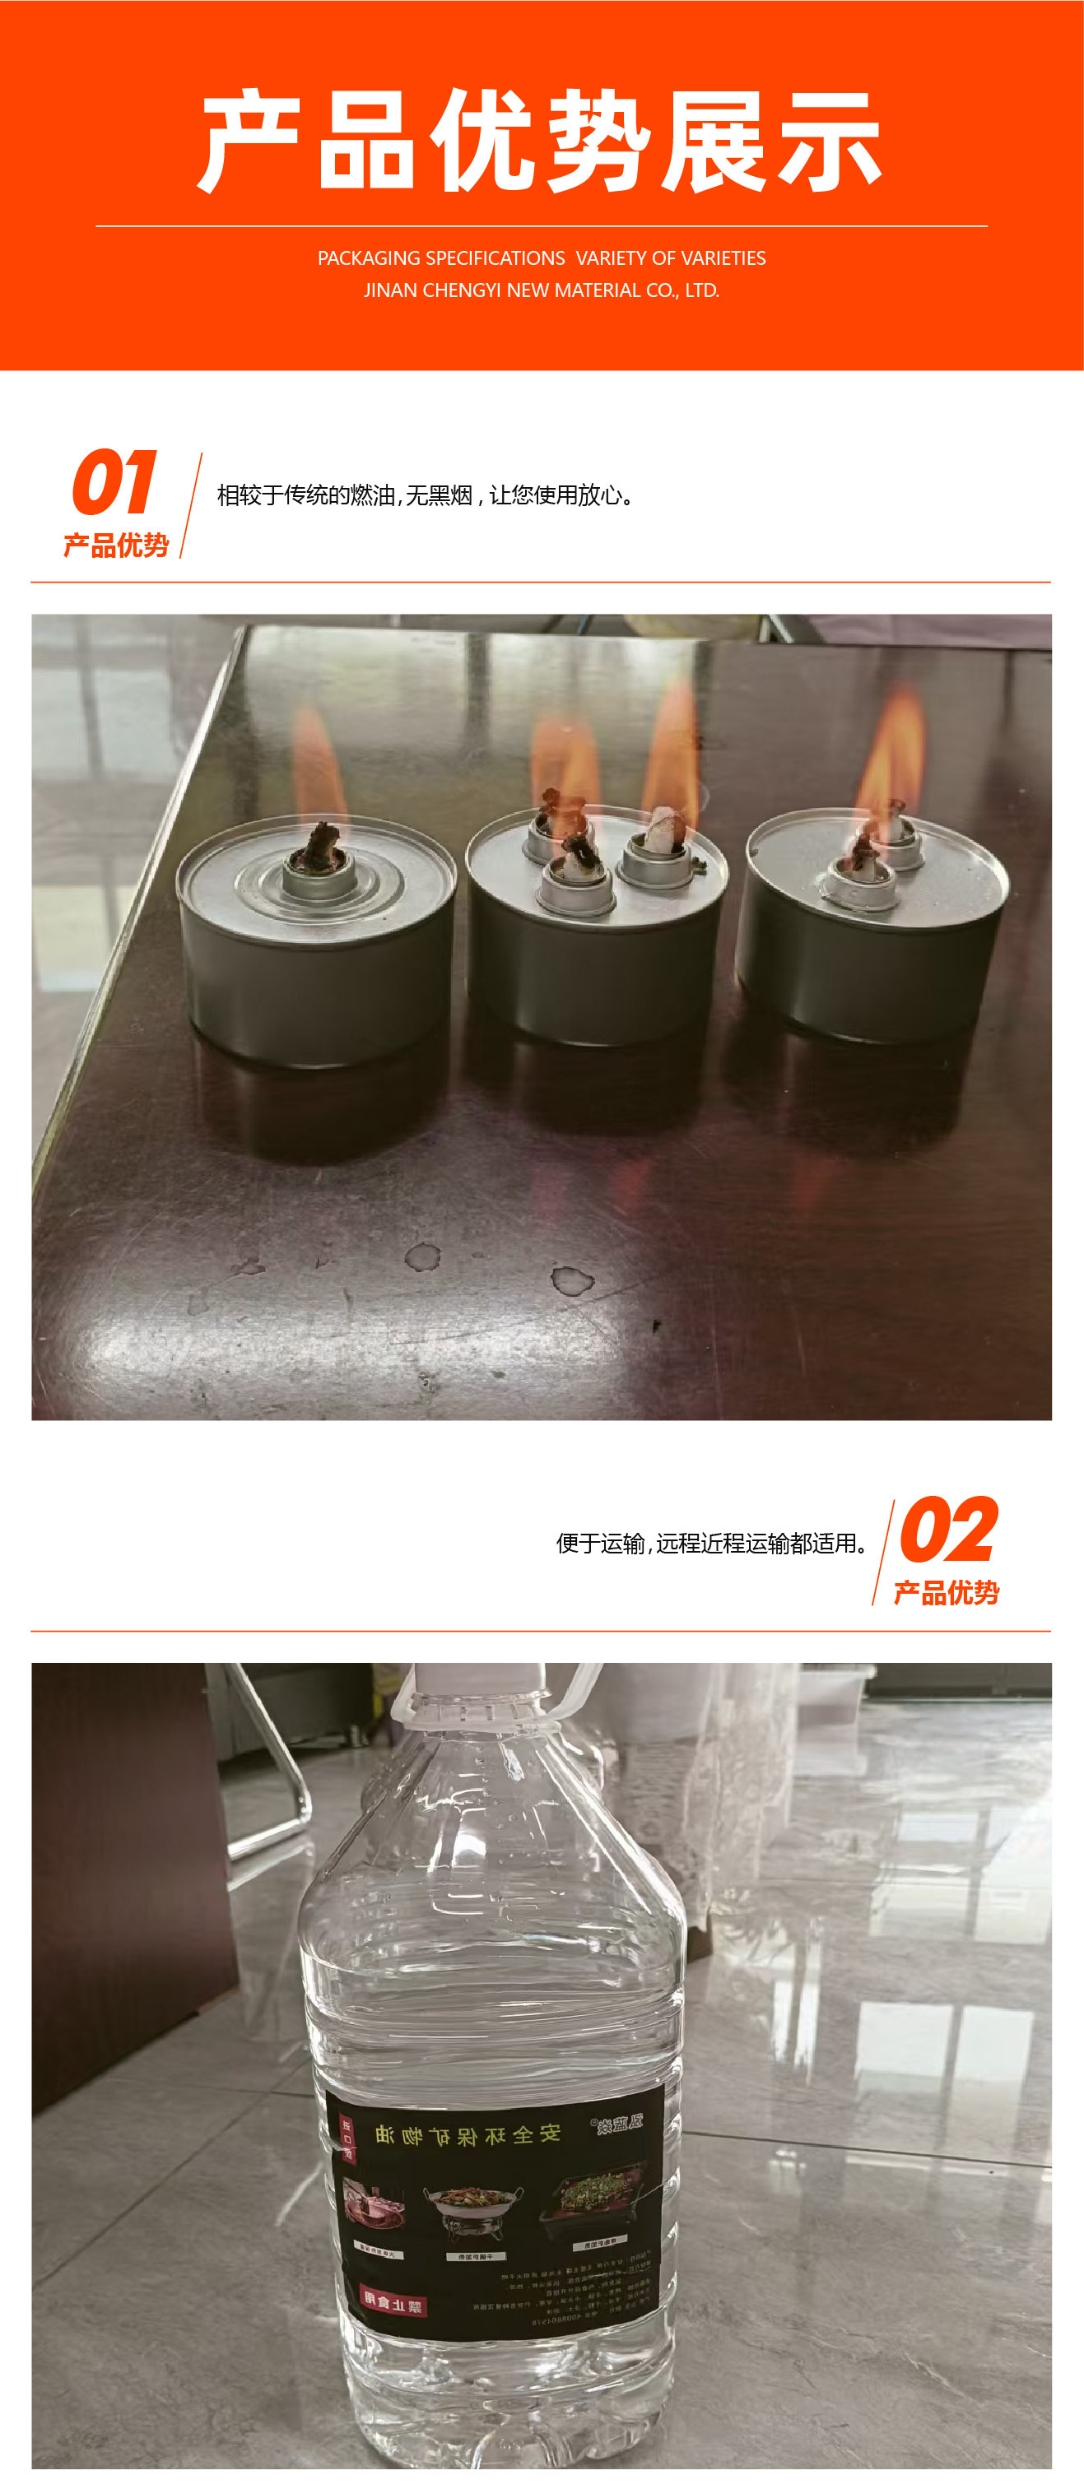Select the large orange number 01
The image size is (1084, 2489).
click(114, 483)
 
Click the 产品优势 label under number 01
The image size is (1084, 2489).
click(116, 546)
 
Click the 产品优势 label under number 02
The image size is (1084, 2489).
click(946, 1592)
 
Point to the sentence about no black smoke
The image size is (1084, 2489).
click(425, 495)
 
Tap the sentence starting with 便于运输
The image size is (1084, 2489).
click(711, 1543)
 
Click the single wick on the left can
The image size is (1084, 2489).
click(318, 847)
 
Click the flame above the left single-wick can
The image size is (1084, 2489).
click(318, 764)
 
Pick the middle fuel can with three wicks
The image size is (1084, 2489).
click(596, 927)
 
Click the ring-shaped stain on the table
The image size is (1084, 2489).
click(422, 1256)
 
